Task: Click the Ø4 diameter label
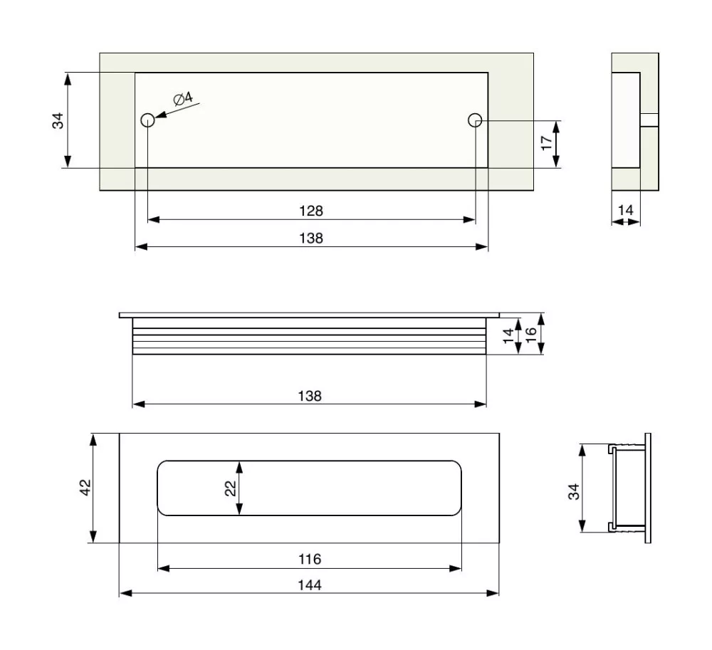(182, 99)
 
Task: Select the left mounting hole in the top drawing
(147, 120)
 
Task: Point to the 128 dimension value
(311, 211)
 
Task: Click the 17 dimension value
(546, 142)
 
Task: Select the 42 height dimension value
(84, 488)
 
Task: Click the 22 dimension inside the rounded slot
(230, 488)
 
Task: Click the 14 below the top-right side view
(625, 210)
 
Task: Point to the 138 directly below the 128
(311, 238)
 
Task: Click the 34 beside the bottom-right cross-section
(573, 491)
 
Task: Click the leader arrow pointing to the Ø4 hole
(169, 110)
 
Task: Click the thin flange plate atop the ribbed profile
(310, 315)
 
